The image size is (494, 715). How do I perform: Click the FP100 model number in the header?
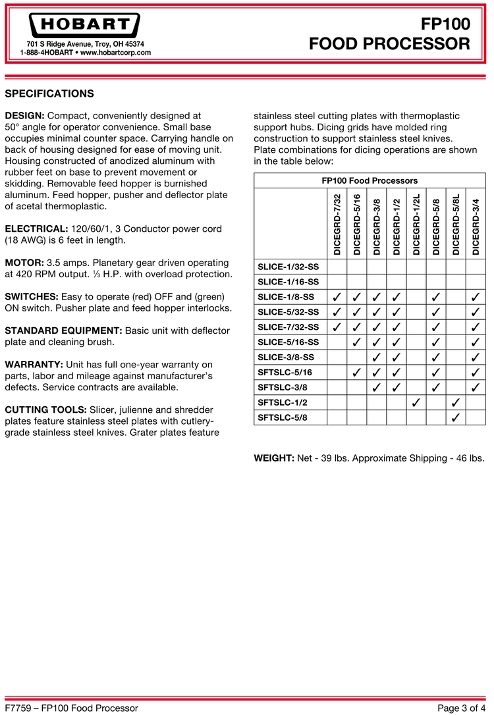pyautogui.click(x=445, y=24)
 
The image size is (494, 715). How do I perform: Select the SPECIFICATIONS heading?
pyautogui.click(x=49, y=93)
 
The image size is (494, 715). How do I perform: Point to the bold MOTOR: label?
pyautogui.click(x=24, y=262)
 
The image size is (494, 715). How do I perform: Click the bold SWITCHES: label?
pyautogui.click(x=32, y=296)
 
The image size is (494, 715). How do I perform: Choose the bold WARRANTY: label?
pyautogui.click(x=34, y=364)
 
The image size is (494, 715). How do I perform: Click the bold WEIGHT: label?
pyautogui.click(x=274, y=458)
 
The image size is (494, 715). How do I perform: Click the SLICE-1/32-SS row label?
pyautogui.click(x=288, y=267)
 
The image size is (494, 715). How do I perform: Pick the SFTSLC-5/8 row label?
pyautogui.click(x=283, y=417)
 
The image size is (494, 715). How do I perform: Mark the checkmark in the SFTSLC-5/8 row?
pyautogui.click(x=456, y=417)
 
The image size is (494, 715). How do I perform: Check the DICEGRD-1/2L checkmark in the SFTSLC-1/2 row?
pyautogui.click(x=416, y=402)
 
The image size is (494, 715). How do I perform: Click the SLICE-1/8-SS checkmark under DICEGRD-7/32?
pyautogui.click(x=337, y=297)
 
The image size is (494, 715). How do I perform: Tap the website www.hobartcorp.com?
pyautogui.click(x=115, y=53)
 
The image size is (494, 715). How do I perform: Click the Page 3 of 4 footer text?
pyautogui.click(x=461, y=708)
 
